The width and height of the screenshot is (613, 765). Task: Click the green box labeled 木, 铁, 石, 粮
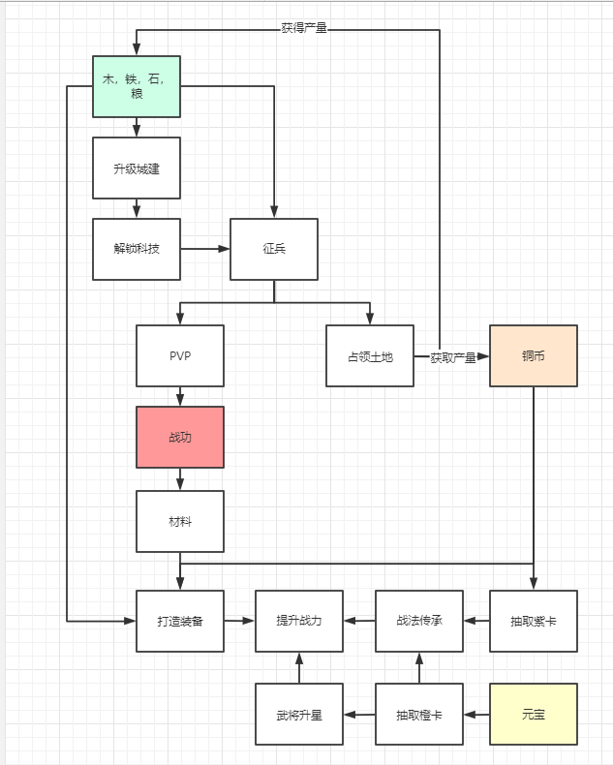click(137, 86)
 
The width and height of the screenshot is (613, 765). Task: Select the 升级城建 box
click(137, 168)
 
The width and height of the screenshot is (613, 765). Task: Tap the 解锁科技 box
click(137, 249)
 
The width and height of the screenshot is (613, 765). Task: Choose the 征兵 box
click(274, 249)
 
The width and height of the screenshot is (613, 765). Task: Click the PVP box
click(180, 355)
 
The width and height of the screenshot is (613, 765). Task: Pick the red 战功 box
click(180, 437)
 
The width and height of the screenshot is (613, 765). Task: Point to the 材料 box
click(180, 521)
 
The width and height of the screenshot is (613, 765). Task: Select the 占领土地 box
click(370, 356)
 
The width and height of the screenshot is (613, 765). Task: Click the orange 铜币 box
click(534, 356)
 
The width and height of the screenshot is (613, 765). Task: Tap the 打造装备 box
click(180, 621)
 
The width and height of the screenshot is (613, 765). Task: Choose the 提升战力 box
click(298, 621)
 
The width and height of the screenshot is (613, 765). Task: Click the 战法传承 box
click(419, 621)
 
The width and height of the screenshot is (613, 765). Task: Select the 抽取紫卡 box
click(534, 621)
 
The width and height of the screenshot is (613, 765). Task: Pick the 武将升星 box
click(298, 715)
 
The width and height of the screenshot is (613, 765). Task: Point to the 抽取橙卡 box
click(419, 715)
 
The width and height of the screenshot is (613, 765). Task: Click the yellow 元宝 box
click(534, 715)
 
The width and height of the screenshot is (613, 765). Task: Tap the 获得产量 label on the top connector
click(304, 28)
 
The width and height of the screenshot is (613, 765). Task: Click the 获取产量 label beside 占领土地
click(453, 357)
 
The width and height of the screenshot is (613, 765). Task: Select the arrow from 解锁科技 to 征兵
click(204, 249)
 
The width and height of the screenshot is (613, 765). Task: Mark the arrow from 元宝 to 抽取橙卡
click(476, 715)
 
